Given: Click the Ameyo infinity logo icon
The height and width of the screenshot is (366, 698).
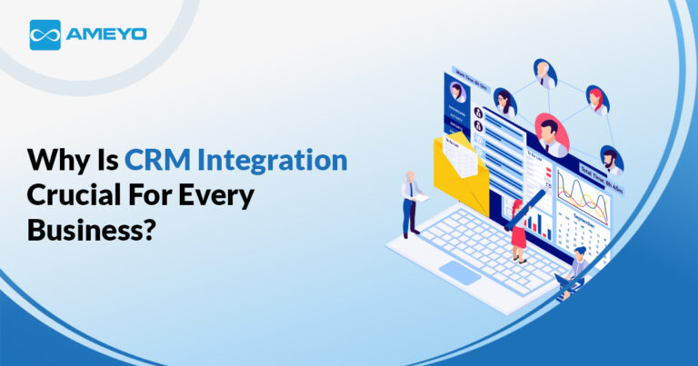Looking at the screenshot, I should (45, 35).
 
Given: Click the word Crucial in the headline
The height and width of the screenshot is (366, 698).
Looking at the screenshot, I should (71, 193).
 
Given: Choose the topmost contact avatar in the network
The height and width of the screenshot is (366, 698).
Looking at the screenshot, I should (545, 73).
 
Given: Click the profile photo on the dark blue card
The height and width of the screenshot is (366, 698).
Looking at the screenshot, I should (458, 92).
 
